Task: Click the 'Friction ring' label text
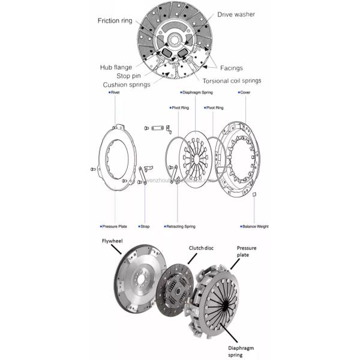[116, 20]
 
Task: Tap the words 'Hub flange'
[115, 67]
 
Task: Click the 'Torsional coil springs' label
[232, 80]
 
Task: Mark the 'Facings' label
[231, 68]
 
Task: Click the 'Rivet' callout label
[116, 93]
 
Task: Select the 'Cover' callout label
[245, 93]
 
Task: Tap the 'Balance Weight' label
[255, 227]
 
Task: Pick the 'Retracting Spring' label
[181, 227]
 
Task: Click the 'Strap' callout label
[144, 227]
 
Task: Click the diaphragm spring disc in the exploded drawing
[195, 157]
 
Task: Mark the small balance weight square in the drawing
[254, 194]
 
